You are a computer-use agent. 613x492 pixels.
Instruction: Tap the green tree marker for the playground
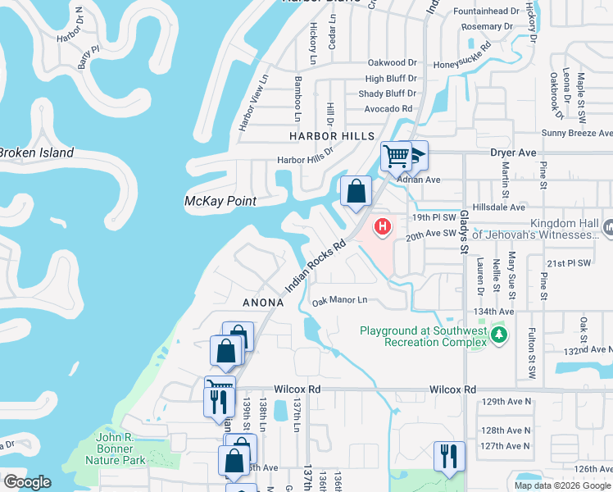497,335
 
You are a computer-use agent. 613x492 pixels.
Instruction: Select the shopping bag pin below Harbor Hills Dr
356,193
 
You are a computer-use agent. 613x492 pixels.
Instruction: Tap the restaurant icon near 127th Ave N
448,455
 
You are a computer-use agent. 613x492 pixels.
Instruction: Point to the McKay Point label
220,201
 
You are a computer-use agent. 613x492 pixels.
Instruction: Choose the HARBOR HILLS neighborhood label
331,136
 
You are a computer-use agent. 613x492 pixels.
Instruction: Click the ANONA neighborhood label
262,303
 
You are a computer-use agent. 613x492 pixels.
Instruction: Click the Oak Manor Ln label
339,302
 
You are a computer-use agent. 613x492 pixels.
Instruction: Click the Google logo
27,482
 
